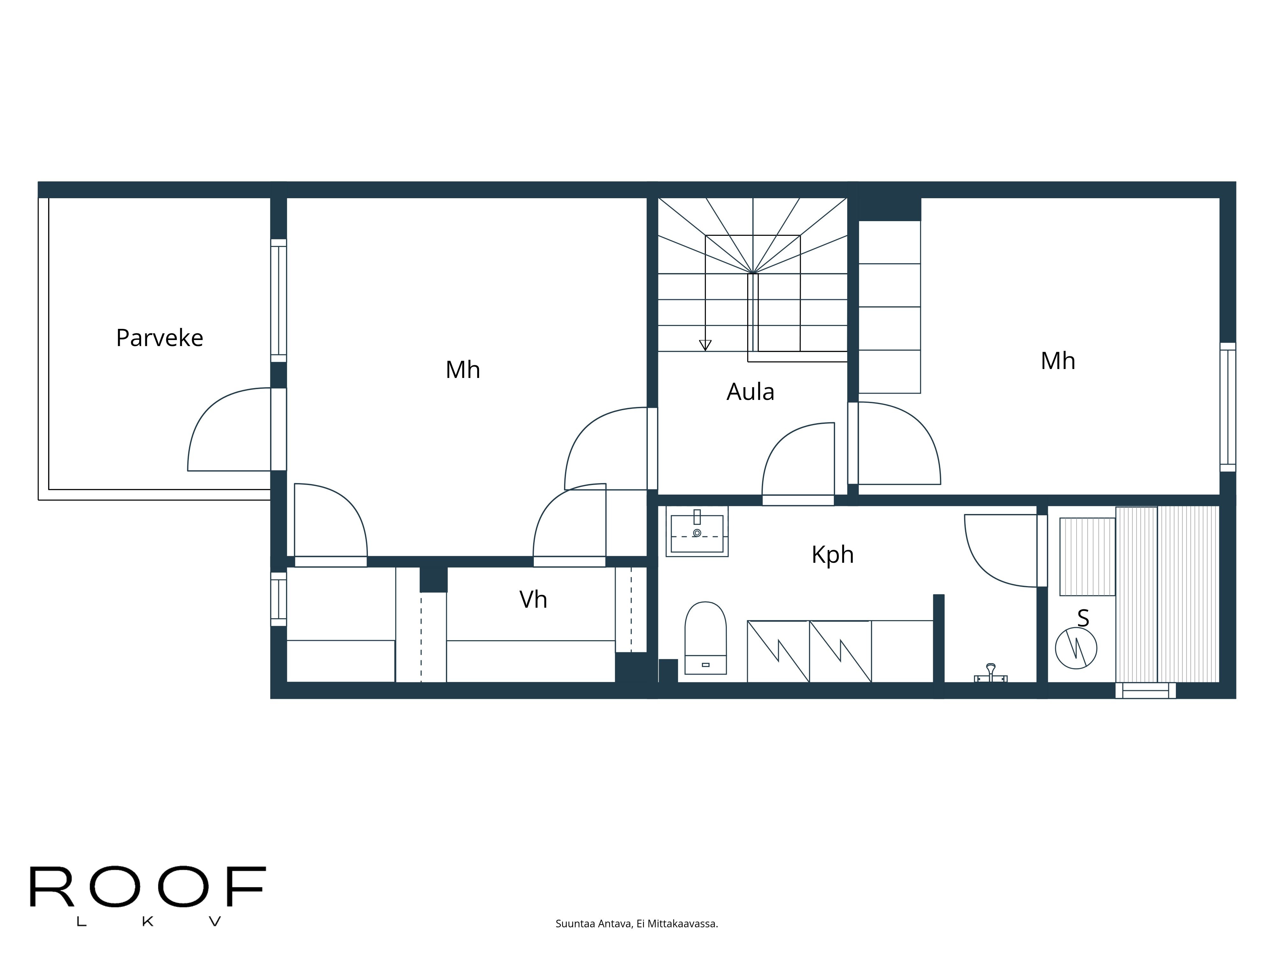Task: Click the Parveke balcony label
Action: coord(160,338)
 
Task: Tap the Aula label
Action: coord(750,392)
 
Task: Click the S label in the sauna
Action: coord(1083,618)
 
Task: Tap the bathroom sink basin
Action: coord(697,531)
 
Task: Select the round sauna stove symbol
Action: coord(1076,648)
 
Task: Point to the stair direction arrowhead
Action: coord(705,345)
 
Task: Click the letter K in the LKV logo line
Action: coord(147,922)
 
